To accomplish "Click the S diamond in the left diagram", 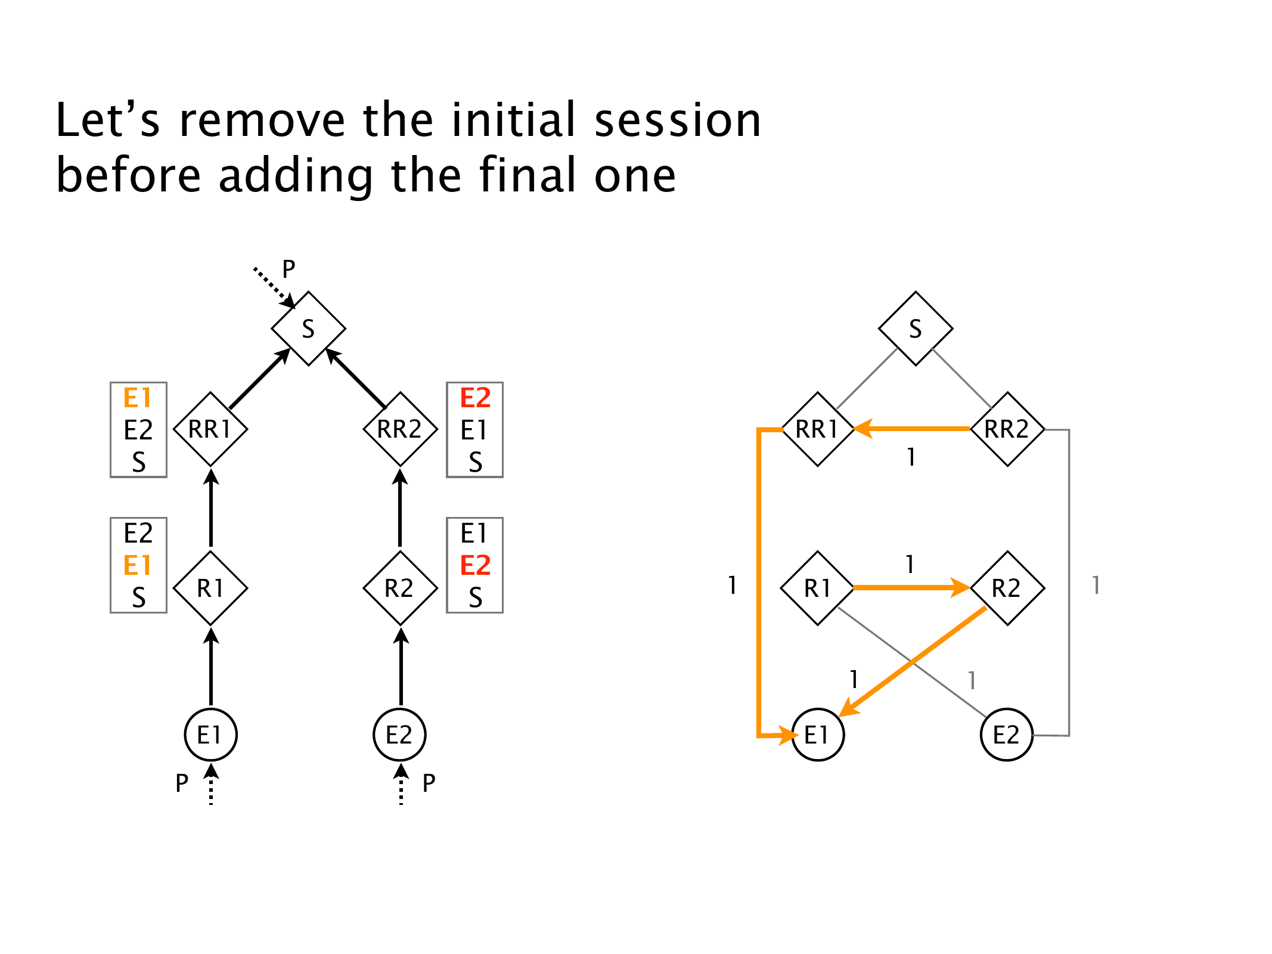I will click(308, 329).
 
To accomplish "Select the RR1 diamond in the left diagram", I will click(210, 429).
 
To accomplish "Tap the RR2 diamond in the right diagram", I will click(1007, 429).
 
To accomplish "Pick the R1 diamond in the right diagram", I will click(817, 588).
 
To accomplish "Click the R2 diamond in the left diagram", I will click(400, 588).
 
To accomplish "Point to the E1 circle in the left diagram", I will click(210, 735).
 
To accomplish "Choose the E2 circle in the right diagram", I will click(1007, 735).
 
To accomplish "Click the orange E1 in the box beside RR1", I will click(138, 398).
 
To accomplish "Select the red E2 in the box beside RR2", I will click(475, 398).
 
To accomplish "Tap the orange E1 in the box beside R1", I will click(138, 565).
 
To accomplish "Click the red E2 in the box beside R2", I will click(475, 565).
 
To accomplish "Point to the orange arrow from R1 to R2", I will click(912, 587).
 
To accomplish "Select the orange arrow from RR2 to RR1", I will click(912, 428).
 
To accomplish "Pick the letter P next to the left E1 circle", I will click(182, 783).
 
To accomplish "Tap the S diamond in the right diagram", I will click(916, 329).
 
